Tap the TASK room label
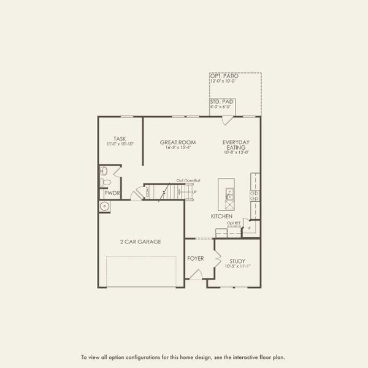pyautogui.click(x=120, y=138)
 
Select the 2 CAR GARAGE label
pyautogui.click(x=140, y=242)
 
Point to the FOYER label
pyautogui.click(x=195, y=258)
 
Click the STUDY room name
pyautogui.click(x=237, y=261)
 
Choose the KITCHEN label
pyautogui.click(x=221, y=217)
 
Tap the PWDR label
pyautogui.click(x=112, y=193)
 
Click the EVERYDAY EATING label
pyautogui.click(x=236, y=145)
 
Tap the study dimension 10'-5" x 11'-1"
pyautogui.click(x=237, y=267)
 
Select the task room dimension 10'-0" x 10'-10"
pyautogui.click(x=120, y=144)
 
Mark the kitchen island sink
pyautogui.click(x=229, y=194)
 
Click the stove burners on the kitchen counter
pyautogui.click(x=255, y=196)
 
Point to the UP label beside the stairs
pyautogui.click(x=195, y=193)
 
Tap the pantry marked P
pyautogui.click(x=249, y=228)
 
